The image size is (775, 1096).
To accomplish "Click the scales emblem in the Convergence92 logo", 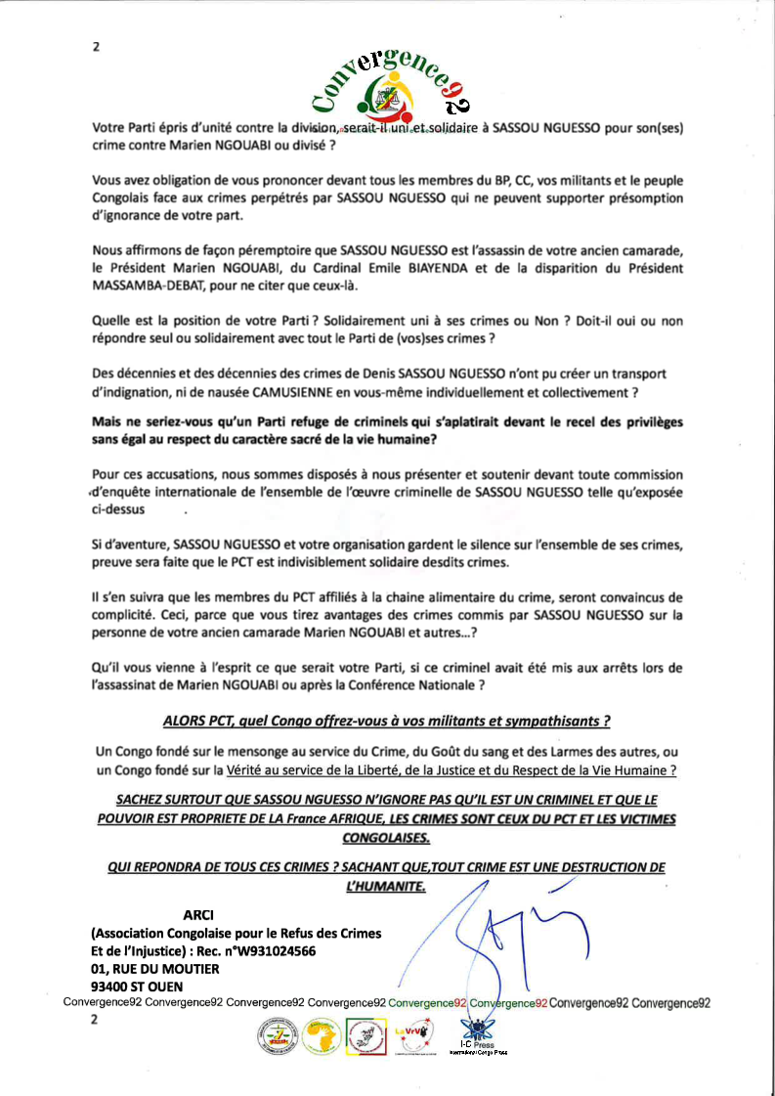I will (380, 96).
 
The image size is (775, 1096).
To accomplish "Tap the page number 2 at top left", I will (96, 46).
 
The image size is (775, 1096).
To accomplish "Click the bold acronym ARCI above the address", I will (200, 915).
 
